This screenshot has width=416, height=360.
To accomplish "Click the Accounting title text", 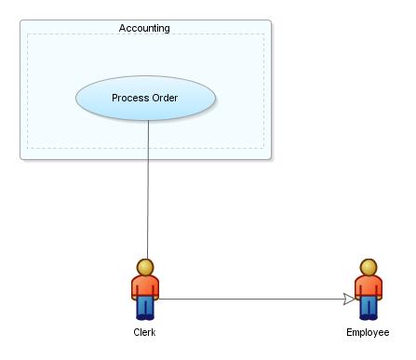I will (x=144, y=28).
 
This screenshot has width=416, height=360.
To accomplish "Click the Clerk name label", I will (x=144, y=332).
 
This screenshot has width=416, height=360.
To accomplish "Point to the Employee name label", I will (x=368, y=332).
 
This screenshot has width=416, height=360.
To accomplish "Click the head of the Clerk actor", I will (x=144, y=267).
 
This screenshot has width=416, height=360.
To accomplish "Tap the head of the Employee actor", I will (x=368, y=267).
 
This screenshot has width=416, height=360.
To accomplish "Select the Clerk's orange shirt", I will (x=144, y=287).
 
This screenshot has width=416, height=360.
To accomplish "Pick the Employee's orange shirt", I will (x=368, y=287).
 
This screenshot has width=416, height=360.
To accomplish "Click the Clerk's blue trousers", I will (x=144, y=306).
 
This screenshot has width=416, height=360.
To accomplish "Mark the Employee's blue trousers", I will (x=368, y=306).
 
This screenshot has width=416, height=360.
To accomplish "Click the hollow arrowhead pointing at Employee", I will (x=349, y=299).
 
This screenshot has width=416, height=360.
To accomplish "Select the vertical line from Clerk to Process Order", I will (x=147, y=186).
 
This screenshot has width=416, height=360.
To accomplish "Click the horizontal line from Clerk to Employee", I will (x=251, y=299).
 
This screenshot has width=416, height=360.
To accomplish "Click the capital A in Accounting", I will (x=123, y=28).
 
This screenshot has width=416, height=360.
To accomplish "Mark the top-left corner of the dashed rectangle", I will (x=27, y=35).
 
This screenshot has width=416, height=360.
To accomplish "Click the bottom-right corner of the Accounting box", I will (x=271, y=160).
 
